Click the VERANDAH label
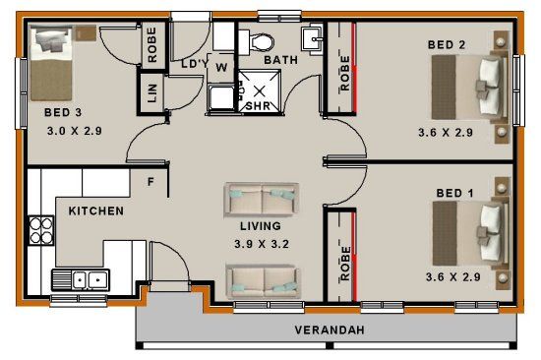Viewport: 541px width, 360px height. pos(330,330)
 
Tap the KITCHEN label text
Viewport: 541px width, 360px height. pos(96,210)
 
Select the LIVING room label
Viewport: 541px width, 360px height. pos(261,226)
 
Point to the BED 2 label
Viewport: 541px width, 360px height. pos(447,44)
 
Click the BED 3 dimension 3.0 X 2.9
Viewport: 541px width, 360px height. pos(75,131)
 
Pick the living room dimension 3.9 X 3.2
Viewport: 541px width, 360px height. pos(262,244)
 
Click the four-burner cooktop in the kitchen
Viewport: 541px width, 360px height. pos(41,230)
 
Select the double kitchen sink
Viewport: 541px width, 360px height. pos(81,279)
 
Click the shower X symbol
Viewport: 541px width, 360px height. pos(260,91)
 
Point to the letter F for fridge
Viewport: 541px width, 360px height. pos(150,182)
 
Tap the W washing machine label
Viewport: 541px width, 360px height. pos(221,67)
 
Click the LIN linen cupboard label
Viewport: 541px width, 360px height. pos(152,93)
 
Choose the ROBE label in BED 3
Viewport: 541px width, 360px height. pos(151,45)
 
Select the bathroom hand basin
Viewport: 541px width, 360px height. pos(313,39)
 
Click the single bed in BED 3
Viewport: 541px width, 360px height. pos(51,64)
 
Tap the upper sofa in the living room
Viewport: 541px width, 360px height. pos(262,199)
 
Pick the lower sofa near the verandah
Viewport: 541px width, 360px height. pos(264,281)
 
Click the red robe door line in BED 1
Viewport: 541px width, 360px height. pos(354,257)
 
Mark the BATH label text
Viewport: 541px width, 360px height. pos(281,60)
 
